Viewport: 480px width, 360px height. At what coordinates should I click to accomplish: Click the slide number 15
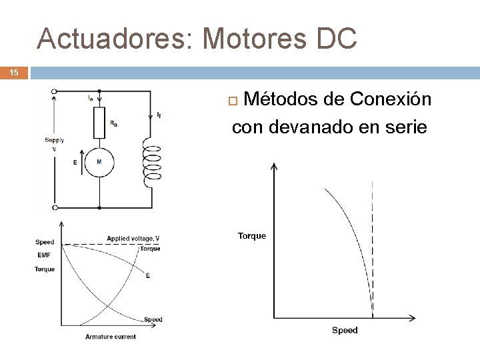(14, 72)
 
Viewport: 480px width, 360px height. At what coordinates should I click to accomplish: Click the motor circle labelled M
(99, 162)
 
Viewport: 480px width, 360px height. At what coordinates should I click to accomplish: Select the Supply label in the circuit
(55, 140)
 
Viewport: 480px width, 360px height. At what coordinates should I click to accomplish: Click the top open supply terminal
(54, 91)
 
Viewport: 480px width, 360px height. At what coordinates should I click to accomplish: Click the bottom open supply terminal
(54, 207)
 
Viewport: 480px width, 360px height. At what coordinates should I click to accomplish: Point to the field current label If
(158, 115)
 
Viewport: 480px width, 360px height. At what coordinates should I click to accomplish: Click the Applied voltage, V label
(133, 239)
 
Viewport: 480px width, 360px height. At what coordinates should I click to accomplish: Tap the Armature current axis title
(111, 337)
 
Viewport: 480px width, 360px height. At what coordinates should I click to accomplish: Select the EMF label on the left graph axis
(44, 255)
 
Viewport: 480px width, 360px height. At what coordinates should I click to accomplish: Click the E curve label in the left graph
(148, 275)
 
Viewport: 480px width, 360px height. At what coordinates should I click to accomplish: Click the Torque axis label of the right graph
(252, 235)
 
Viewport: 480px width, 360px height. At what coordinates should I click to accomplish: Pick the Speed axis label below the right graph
(345, 330)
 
